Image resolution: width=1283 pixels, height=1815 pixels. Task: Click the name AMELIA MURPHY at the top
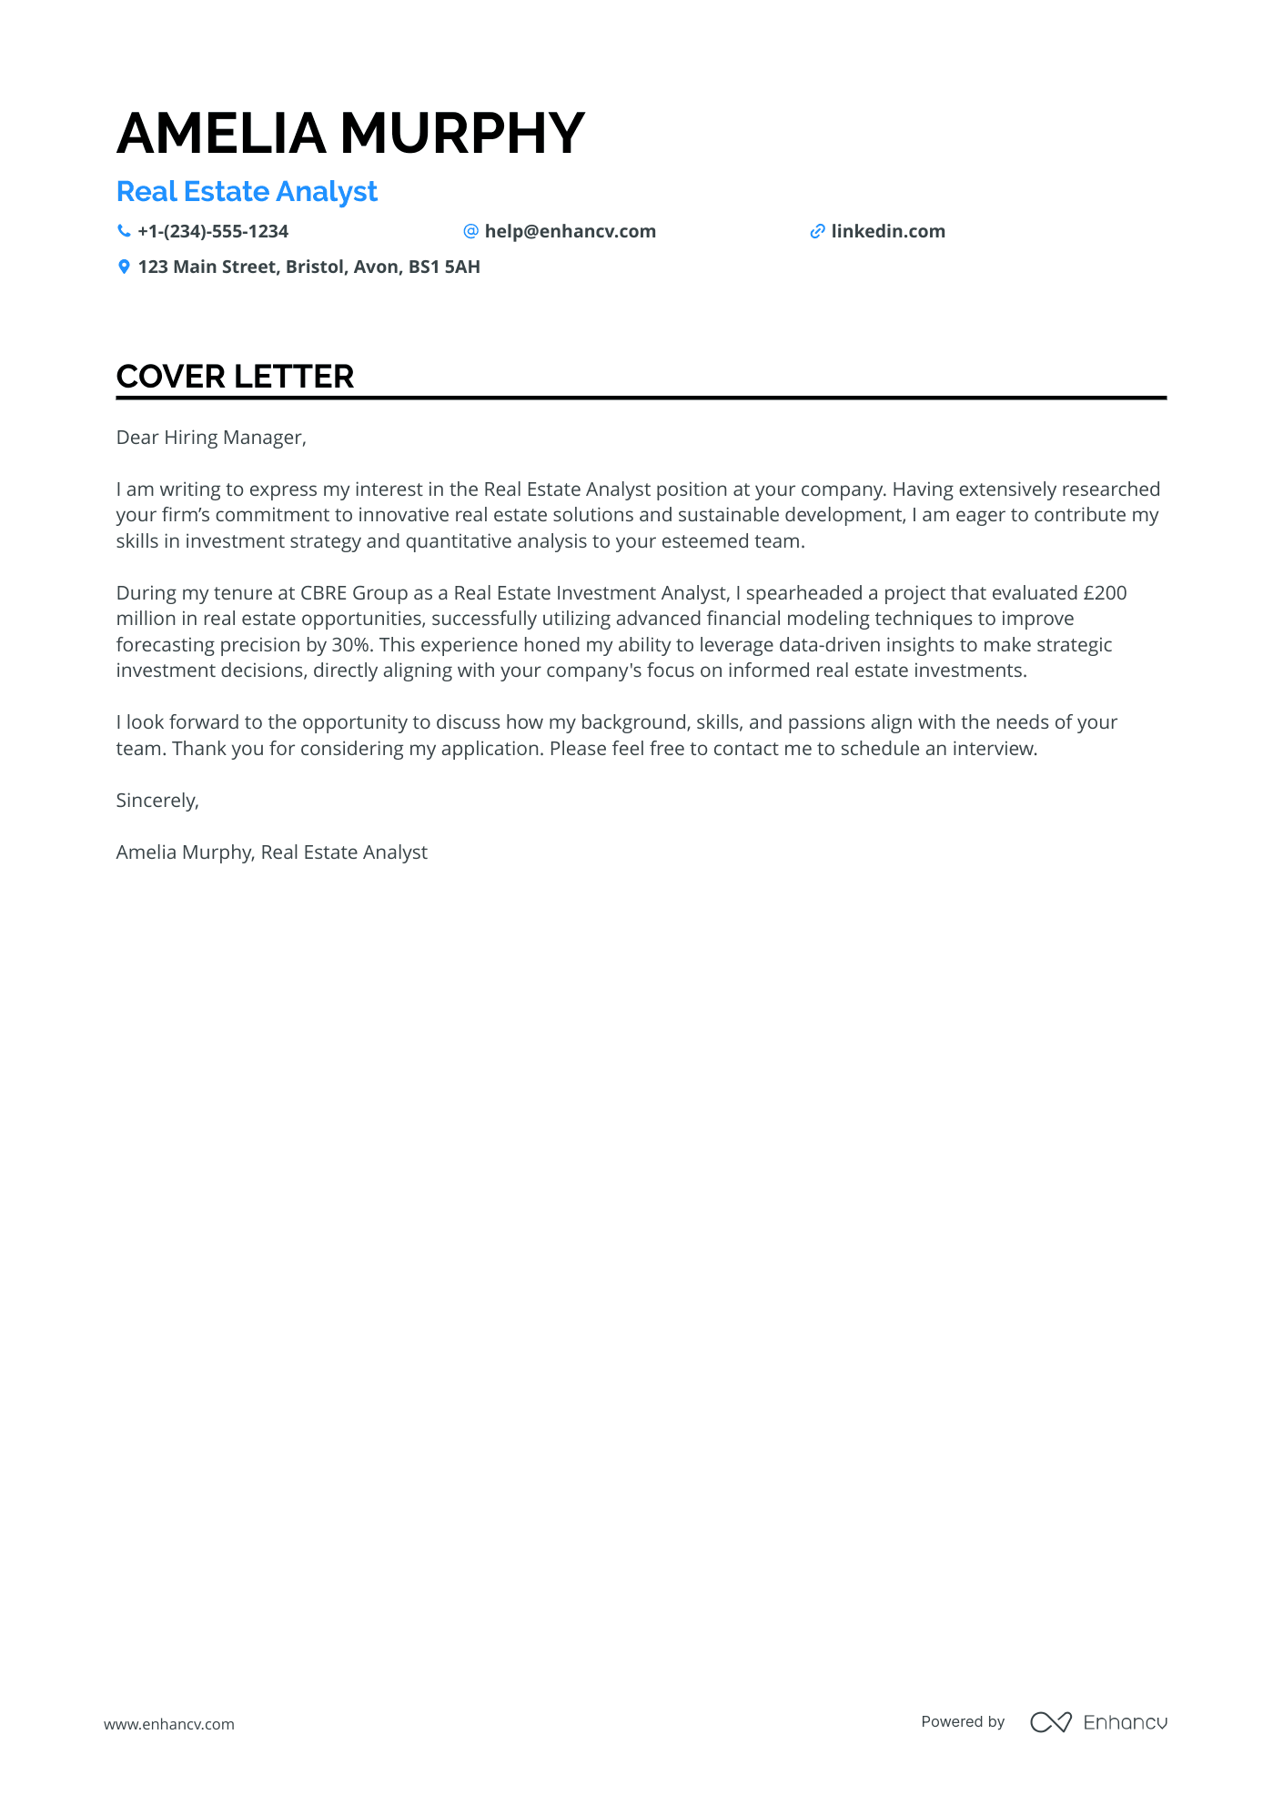350,134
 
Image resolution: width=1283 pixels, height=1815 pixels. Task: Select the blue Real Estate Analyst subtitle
247,192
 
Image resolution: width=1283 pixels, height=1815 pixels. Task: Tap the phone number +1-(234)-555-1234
213,232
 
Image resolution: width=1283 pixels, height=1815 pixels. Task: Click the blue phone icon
124,231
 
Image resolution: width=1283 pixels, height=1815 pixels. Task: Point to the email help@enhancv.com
570,232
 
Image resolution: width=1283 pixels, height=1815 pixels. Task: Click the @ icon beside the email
470,231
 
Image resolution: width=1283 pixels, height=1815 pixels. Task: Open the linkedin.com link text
888,232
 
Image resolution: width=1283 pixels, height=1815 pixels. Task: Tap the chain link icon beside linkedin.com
817,232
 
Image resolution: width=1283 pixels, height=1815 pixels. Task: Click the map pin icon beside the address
124,267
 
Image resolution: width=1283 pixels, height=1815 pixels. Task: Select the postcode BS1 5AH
444,267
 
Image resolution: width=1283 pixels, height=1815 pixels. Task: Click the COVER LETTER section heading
235,377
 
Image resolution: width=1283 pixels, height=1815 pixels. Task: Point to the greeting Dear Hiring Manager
211,438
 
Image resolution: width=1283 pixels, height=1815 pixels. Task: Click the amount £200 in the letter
1105,593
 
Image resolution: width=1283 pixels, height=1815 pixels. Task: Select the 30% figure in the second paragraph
345,645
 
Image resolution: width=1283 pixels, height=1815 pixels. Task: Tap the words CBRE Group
354,593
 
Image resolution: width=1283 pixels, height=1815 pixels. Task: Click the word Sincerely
157,801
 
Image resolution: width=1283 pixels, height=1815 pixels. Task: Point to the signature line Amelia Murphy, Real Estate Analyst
271,852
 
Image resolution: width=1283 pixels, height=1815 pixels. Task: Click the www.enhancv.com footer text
168,1724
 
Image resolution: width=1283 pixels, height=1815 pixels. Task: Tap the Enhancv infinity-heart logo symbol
1050,1722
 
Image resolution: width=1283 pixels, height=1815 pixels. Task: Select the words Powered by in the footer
963,1722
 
